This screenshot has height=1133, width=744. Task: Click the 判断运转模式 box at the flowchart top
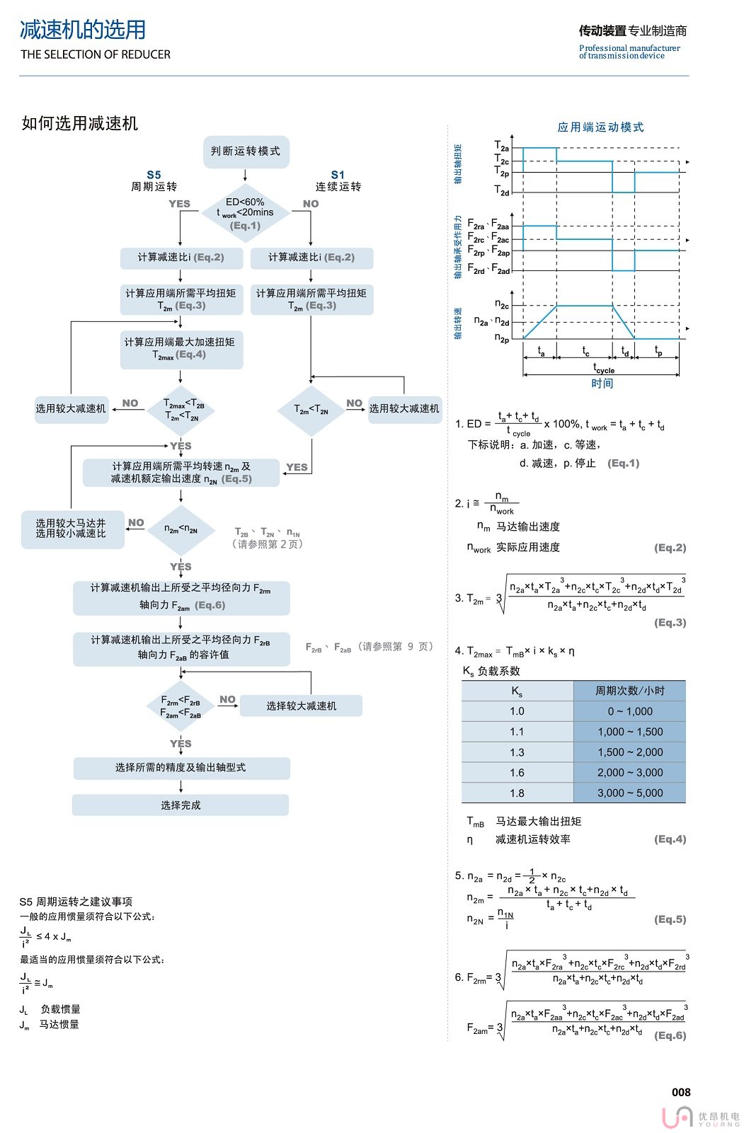coord(246,151)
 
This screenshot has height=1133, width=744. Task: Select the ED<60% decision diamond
coord(246,213)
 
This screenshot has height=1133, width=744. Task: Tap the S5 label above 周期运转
coord(154,175)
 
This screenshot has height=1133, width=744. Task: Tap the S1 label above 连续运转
coord(338,175)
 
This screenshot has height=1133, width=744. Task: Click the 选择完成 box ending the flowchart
coord(181,805)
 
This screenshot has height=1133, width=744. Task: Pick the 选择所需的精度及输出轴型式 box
coord(181,768)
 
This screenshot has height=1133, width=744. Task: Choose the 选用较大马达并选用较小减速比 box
coord(71,529)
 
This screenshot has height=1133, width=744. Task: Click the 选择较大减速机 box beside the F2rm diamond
coord(301,706)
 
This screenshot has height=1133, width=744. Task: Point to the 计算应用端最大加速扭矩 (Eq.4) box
coord(181,349)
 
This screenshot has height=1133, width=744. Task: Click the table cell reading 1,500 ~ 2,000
coord(630,752)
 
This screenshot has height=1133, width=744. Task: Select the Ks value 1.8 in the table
coord(517,793)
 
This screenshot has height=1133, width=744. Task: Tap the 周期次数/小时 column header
coord(629,691)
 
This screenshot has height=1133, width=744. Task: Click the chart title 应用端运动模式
coord(600,127)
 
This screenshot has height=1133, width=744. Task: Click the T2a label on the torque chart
coord(501,146)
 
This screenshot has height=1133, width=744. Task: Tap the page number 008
coord(681,1092)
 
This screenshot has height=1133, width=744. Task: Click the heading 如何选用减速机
coord(80,124)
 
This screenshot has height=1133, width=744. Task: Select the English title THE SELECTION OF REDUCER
coord(96,54)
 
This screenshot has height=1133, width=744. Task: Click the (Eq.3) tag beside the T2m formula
coord(670,623)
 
